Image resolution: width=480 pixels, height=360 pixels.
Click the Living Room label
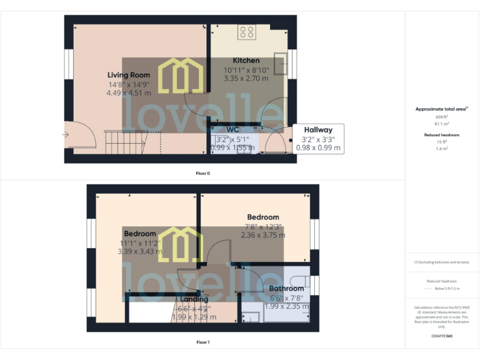pos(129,75)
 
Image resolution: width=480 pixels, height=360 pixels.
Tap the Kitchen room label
pos(246,61)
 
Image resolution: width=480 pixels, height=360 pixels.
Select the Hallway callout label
pos(318,129)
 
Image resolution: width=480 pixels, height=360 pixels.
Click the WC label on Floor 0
pos(233,129)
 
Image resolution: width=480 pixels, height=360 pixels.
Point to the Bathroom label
pos(287,289)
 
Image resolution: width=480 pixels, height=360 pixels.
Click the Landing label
pos(194,299)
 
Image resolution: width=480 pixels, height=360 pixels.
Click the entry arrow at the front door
pos(66,134)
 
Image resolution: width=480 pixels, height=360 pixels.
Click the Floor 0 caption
pos(202,172)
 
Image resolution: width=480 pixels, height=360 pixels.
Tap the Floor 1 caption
pos(202,342)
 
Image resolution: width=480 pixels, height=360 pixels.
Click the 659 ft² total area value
pos(442,117)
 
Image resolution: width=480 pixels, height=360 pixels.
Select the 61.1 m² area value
pos(442,124)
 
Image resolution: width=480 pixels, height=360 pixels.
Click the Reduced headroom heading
pos(442,134)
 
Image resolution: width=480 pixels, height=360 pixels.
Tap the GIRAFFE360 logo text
pos(442,336)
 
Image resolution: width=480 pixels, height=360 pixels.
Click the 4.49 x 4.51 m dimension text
pos(129,92)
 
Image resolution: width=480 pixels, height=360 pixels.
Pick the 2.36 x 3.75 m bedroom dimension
pos(263,236)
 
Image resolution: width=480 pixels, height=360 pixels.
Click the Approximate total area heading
pos(441,109)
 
